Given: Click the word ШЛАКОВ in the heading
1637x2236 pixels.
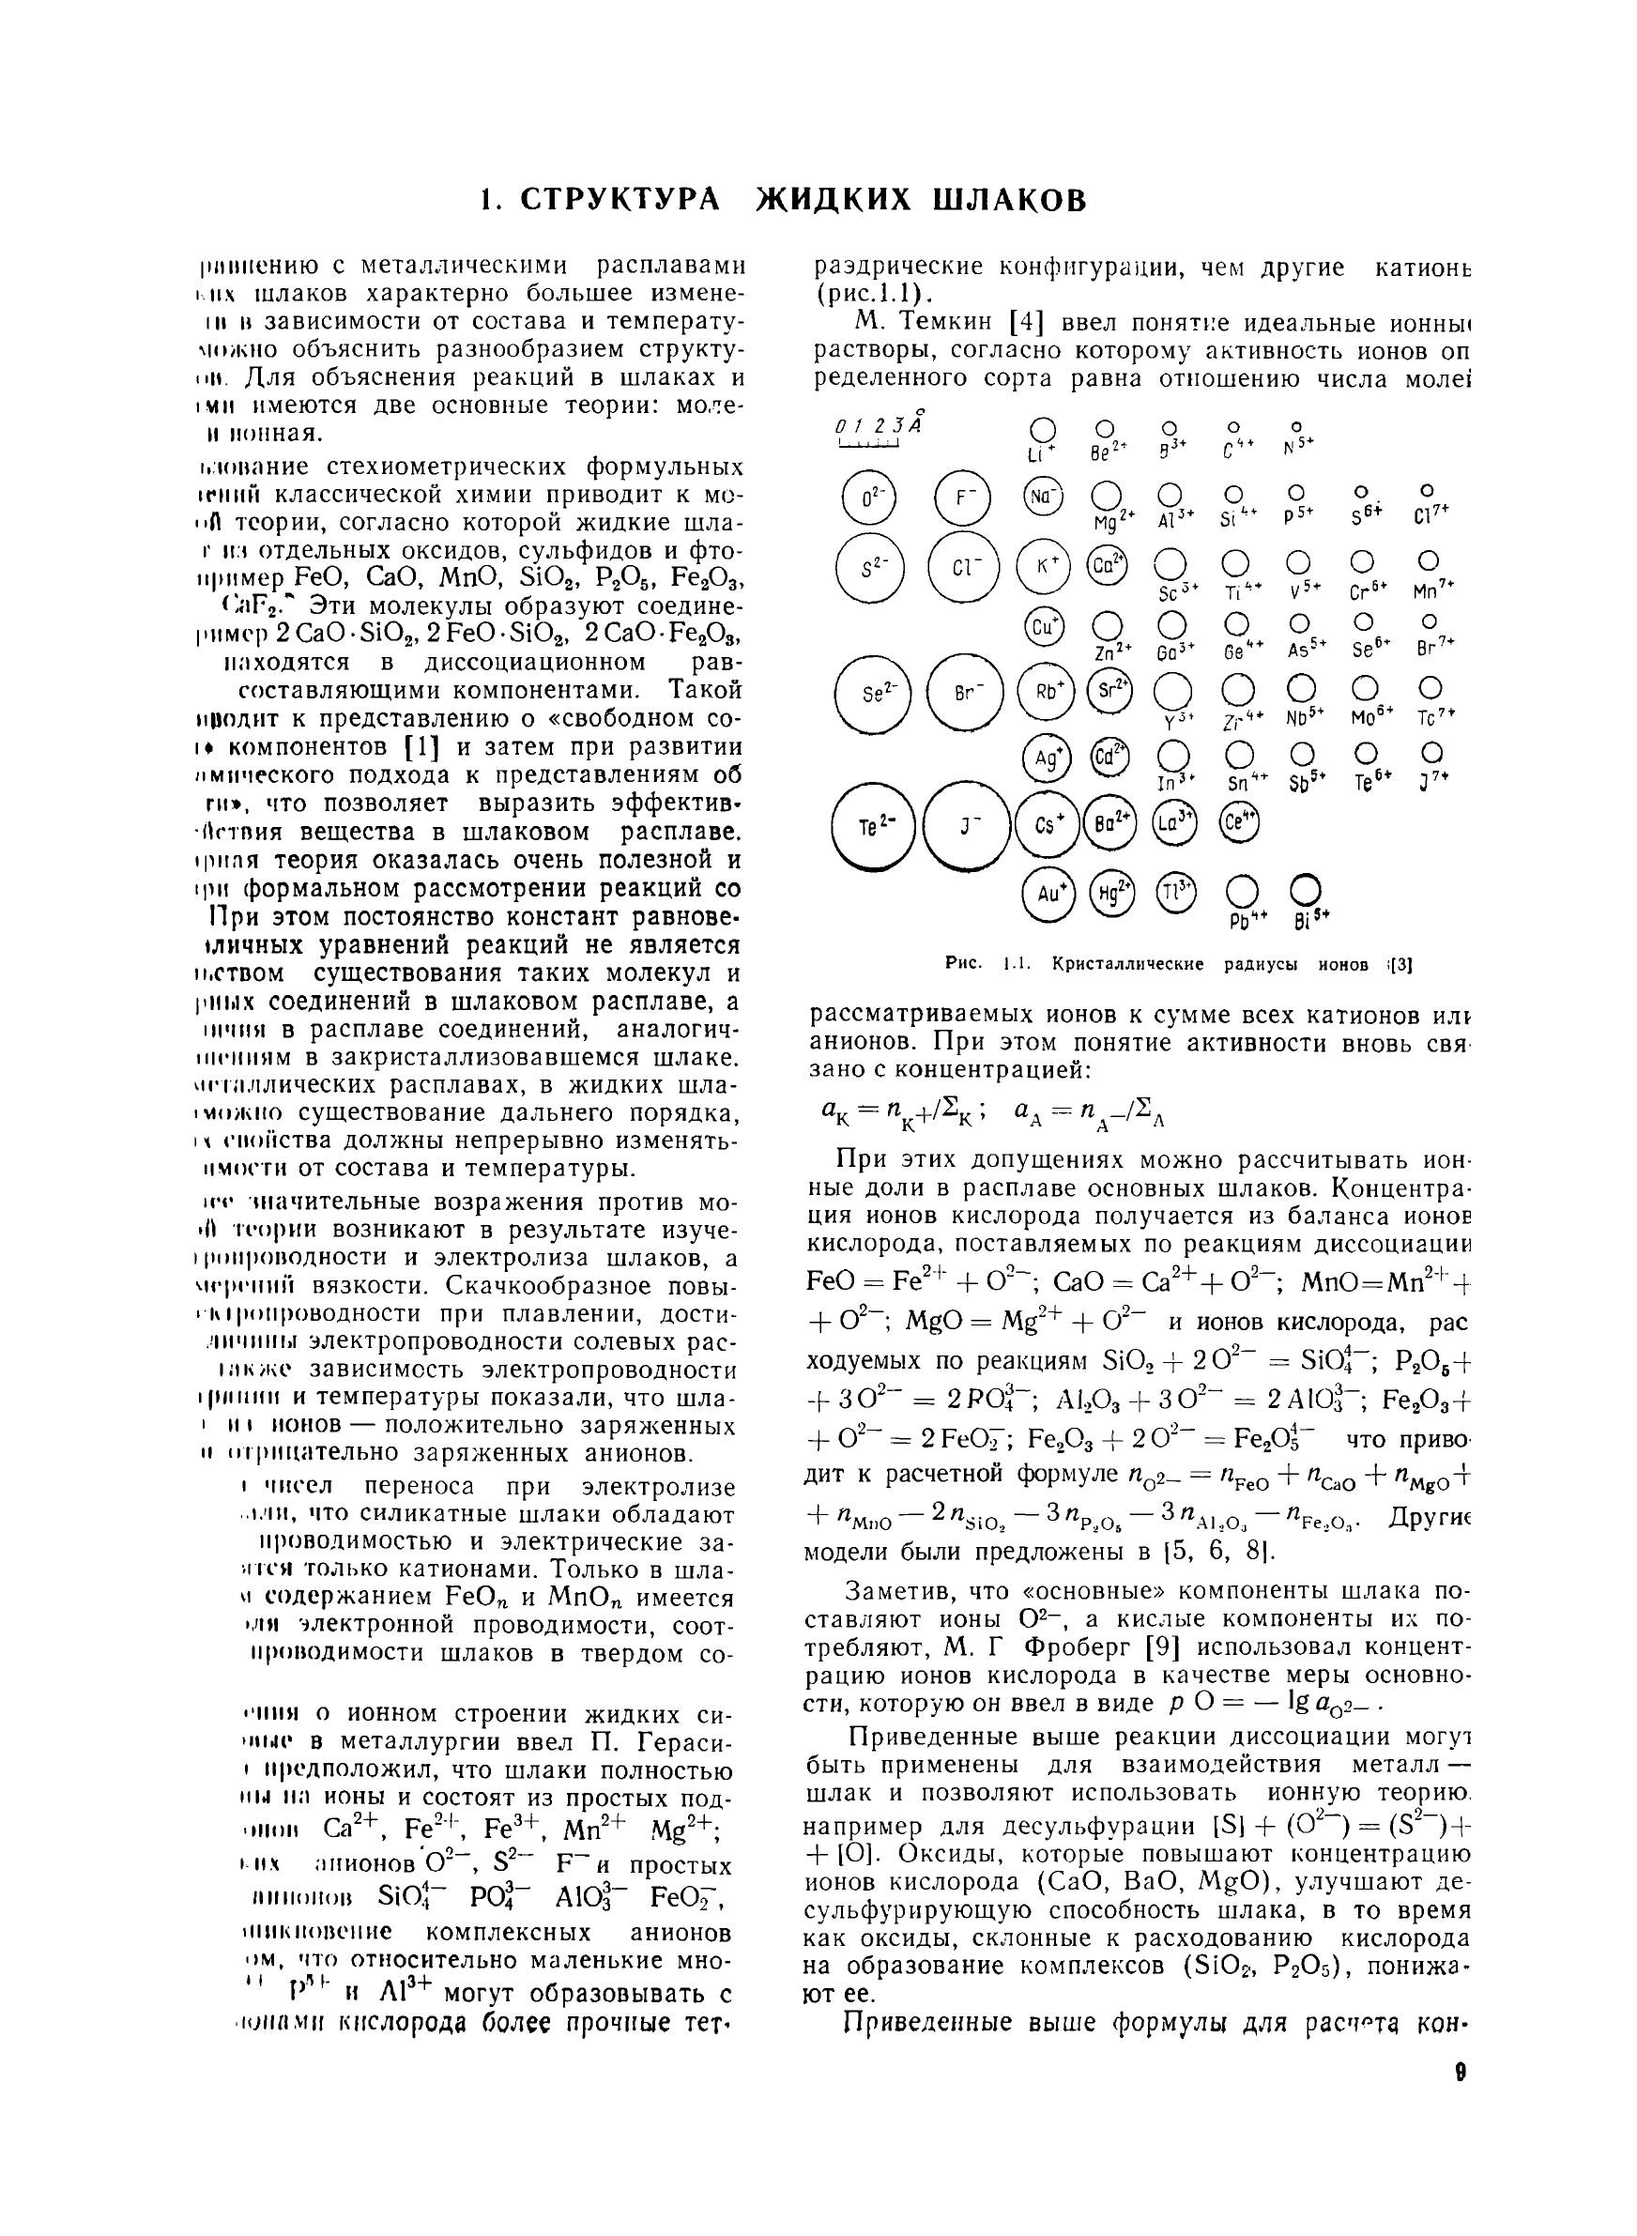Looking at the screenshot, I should (1010, 199).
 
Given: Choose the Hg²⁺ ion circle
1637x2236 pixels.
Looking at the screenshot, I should (1110, 894).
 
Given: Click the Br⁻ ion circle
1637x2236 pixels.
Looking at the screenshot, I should (961, 694).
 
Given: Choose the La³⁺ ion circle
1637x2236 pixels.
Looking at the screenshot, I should (1175, 821).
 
